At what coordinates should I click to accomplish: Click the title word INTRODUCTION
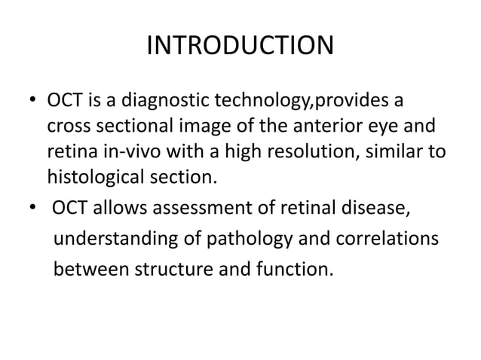click(239, 46)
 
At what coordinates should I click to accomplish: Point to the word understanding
click(115, 241)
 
